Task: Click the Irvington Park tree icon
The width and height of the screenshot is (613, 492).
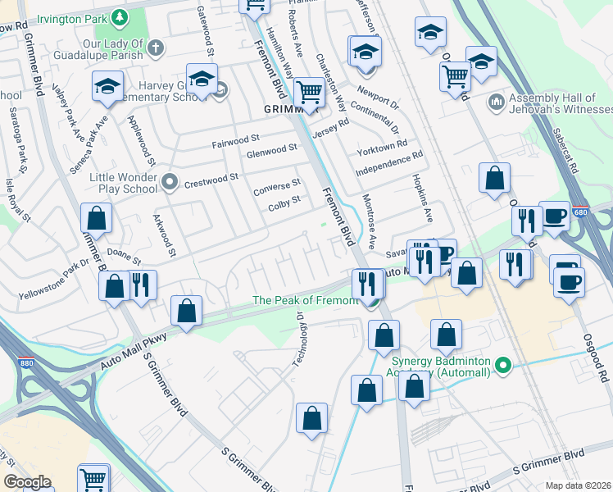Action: (x=120, y=16)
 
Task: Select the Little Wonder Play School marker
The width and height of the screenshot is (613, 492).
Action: (x=170, y=180)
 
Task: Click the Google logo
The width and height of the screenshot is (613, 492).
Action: (x=27, y=482)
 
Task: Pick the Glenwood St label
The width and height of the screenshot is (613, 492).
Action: (x=271, y=152)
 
